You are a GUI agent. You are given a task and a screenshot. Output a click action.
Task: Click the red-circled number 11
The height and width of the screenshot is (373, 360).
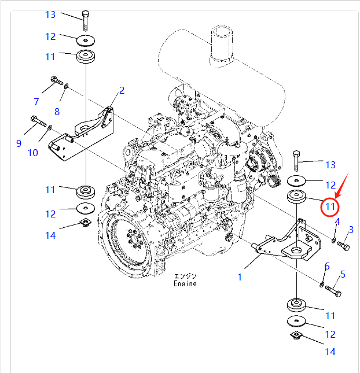click(x=330, y=206)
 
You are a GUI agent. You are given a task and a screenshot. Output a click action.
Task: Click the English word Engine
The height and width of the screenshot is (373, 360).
click(x=185, y=284)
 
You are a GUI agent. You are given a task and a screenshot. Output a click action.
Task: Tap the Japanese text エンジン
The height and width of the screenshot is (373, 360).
click(x=185, y=276)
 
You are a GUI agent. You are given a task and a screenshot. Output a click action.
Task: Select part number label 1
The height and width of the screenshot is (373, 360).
click(x=240, y=277)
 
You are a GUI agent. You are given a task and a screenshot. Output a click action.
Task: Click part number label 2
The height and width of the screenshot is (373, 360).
click(x=122, y=90)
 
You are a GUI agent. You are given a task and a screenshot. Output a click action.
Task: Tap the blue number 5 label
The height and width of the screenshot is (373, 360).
click(x=343, y=274)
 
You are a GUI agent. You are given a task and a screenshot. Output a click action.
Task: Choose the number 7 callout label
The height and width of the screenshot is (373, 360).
click(x=36, y=102)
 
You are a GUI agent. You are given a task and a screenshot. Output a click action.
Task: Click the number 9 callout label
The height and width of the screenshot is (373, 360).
click(x=19, y=143)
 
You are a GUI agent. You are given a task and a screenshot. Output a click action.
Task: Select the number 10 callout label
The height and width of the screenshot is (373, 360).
click(x=32, y=153)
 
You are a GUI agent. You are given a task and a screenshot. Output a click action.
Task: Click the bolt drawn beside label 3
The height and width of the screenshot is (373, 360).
click(x=343, y=247)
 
